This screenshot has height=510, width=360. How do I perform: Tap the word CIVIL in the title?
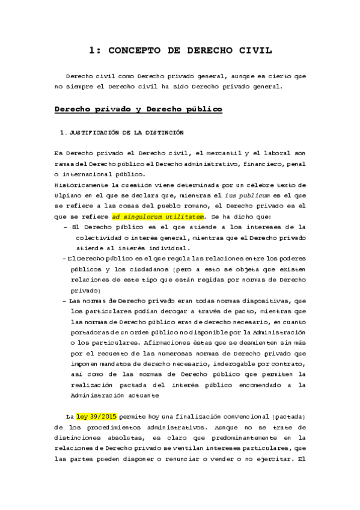pyautogui.click(x=253, y=52)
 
